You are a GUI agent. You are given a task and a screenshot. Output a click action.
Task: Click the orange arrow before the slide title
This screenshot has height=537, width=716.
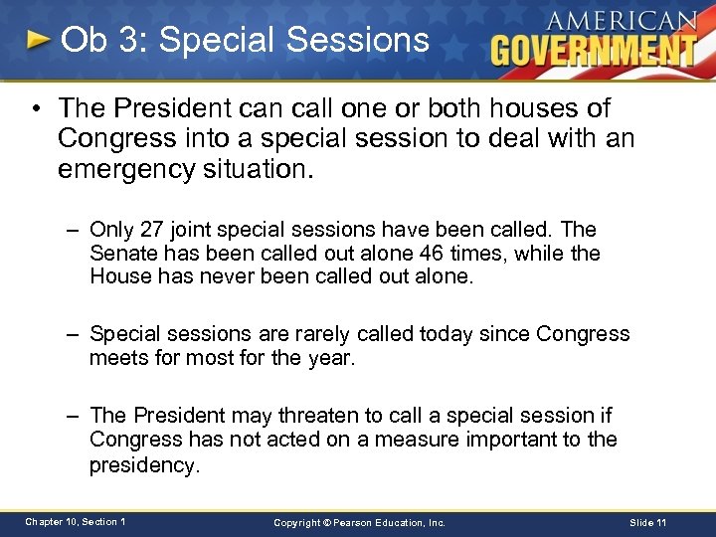38,41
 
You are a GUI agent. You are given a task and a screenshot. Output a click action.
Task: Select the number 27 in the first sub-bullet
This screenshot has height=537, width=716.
152,230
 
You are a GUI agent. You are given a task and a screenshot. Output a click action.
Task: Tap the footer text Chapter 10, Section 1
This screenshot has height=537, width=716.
76,521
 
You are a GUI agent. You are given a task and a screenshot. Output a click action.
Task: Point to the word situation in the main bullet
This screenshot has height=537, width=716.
265,168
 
